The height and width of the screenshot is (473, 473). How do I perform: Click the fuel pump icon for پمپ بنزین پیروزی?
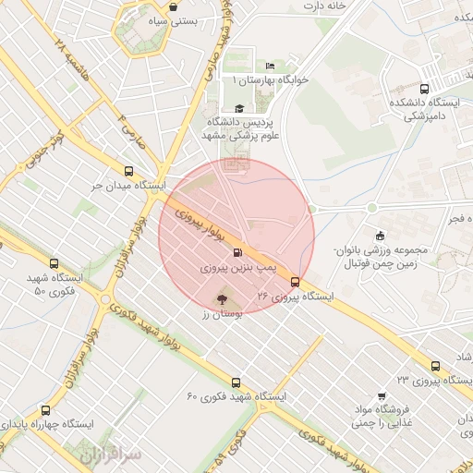click(x=238, y=253)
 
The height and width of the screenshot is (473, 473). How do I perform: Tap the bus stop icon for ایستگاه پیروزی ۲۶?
click(x=295, y=283)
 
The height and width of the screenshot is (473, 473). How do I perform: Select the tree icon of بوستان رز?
click(x=221, y=298)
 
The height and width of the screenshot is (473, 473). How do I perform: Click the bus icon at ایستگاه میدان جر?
click(x=128, y=171)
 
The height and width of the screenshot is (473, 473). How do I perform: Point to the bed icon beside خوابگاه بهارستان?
click(x=269, y=66)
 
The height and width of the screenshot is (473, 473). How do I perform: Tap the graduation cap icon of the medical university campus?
click(x=239, y=108)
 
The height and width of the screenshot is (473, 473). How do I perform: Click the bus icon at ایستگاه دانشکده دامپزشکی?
click(x=423, y=89)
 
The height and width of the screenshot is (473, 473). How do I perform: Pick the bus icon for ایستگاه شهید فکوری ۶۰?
click(x=236, y=382)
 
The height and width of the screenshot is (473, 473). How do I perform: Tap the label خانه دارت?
click(x=332, y=7)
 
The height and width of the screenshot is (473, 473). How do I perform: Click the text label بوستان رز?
click(x=220, y=314)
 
